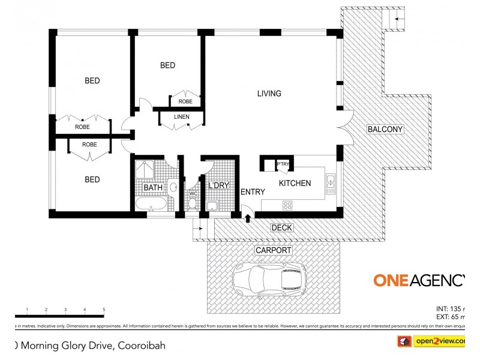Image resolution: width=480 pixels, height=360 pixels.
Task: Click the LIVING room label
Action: tap(269, 94)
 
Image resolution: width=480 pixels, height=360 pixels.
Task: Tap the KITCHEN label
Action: tap(295, 183)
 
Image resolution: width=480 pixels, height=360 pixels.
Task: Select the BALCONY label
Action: tap(385, 129)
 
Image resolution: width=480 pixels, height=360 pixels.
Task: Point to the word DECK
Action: tap(281, 227)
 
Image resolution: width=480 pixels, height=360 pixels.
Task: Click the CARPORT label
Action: tap(273, 250)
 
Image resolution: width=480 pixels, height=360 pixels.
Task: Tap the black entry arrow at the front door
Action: tap(247, 216)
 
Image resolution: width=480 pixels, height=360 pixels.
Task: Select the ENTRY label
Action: tap(253, 192)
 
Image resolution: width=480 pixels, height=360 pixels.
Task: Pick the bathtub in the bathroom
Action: tap(152, 205)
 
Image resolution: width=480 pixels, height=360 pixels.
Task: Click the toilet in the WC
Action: tap(192, 205)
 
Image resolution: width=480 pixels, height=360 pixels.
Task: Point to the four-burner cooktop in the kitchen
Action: tap(287, 205)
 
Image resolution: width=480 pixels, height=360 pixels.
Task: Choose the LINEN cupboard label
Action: tap(182, 116)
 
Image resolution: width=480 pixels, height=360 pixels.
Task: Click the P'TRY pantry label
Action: tap(283, 164)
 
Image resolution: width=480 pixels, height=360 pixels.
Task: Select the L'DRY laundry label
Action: tap(218, 186)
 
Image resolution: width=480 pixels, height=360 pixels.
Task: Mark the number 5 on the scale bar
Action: tap(104, 310)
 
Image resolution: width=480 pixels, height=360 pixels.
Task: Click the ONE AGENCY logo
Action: tap(419, 280)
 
